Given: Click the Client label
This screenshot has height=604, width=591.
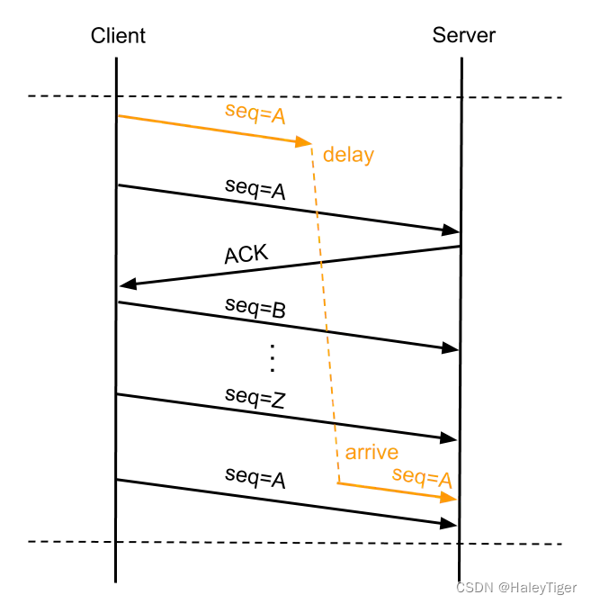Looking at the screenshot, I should tap(118, 36).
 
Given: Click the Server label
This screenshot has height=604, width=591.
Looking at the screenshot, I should tap(463, 36).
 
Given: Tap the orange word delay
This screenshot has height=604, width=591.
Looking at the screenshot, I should tap(348, 155).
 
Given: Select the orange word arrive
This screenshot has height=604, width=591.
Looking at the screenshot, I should tap(372, 452).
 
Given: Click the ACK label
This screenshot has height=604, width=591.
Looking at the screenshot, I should tap(246, 255).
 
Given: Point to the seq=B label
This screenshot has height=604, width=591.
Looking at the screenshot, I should tap(255, 309).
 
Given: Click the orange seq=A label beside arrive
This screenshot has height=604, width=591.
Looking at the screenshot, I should tap(421, 476).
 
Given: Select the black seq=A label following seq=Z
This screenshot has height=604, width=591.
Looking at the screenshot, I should tap(255, 479).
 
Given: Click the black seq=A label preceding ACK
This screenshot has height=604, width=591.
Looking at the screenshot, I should tap(255, 191).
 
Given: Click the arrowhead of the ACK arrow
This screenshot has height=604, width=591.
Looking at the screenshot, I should tap(127, 284).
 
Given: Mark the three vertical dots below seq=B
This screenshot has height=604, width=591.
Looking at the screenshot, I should tap(272, 358).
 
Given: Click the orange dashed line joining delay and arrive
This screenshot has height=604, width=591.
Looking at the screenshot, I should tap(326, 315).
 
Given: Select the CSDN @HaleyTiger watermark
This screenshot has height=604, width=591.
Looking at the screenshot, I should tap(516, 587).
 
